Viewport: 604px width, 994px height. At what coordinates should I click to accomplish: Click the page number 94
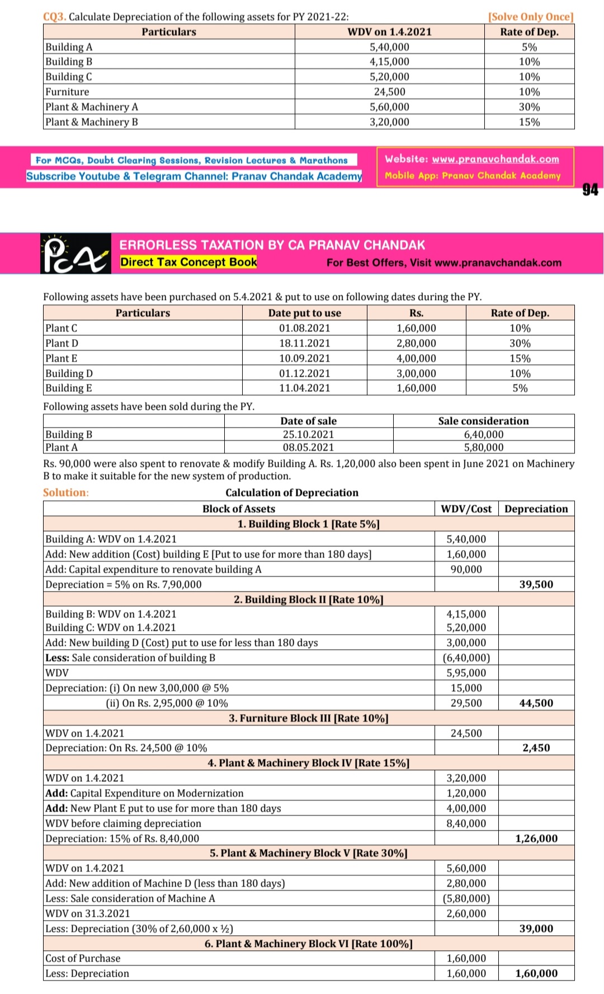(x=590, y=190)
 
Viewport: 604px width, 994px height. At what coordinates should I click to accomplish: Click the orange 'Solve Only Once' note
(x=531, y=17)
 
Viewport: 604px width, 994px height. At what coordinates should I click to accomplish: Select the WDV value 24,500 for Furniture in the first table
(x=389, y=92)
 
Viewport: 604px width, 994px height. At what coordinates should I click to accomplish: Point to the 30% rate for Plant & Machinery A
(x=529, y=107)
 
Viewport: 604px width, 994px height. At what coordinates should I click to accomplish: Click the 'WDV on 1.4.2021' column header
(x=389, y=32)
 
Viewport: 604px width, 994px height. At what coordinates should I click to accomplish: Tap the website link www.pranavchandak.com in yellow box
(x=495, y=159)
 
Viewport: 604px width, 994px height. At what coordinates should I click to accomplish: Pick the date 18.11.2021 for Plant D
(x=304, y=343)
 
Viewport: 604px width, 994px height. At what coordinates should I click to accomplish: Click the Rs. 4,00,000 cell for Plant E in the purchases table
(x=416, y=358)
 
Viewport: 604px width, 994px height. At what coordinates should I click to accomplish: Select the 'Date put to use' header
(x=304, y=313)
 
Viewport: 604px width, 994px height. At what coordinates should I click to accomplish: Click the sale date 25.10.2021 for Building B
(x=308, y=434)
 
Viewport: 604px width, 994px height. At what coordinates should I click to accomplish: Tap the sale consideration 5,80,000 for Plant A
(x=484, y=447)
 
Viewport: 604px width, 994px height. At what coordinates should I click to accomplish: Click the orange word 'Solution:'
(x=65, y=493)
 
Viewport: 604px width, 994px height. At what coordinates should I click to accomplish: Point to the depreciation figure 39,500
(x=536, y=584)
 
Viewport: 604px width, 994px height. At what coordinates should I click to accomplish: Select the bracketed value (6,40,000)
(x=466, y=658)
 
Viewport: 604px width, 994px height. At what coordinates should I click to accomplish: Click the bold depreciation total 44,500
(x=536, y=703)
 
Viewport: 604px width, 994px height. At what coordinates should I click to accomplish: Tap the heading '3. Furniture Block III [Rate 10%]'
(x=308, y=718)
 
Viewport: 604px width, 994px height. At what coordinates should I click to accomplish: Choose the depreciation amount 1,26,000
(x=536, y=838)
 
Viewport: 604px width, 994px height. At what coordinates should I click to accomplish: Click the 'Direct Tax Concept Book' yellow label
(x=188, y=262)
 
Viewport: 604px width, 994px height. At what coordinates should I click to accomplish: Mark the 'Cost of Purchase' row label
(x=83, y=958)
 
